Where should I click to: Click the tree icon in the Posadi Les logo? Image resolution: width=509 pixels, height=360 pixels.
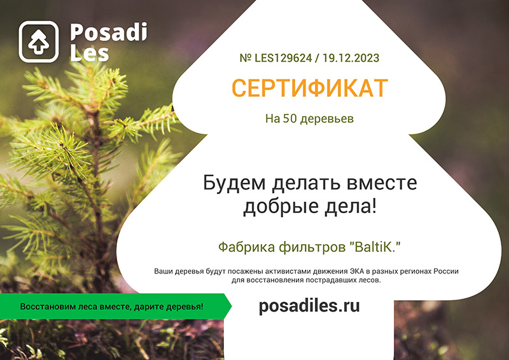[x=38, y=41]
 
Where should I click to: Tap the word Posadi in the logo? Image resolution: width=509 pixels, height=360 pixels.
[x=108, y=32]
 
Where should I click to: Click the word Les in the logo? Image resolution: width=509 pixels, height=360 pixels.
[x=89, y=53]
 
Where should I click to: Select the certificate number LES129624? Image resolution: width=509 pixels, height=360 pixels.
[x=283, y=58]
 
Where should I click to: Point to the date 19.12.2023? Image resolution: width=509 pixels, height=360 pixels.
[x=351, y=58]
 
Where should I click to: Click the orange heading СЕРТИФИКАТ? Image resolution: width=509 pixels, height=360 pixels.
[x=310, y=88]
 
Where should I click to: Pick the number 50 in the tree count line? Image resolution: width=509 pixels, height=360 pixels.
[x=290, y=118]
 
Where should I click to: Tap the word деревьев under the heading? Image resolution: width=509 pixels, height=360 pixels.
[x=327, y=119]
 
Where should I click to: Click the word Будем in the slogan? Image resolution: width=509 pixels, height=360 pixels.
[x=234, y=183]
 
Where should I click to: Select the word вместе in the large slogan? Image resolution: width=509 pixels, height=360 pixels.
[x=382, y=183]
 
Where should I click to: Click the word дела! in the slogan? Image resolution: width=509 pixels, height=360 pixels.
[x=351, y=207]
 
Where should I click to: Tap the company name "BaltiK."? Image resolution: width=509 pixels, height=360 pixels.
[x=375, y=247]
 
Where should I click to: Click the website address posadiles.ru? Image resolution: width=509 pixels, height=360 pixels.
[x=309, y=306]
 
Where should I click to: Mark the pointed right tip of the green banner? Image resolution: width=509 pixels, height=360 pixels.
[x=232, y=306]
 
